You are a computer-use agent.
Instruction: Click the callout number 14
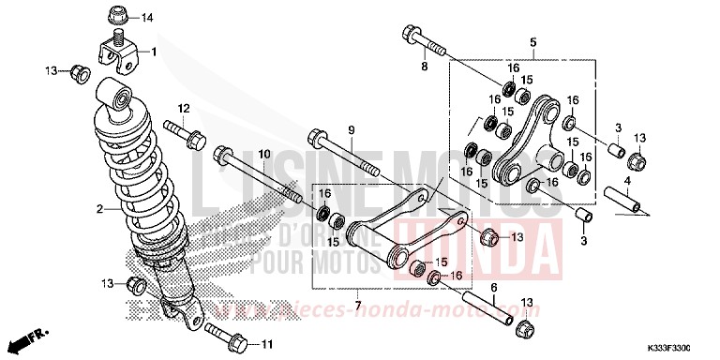[147, 19]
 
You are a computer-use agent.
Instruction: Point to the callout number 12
[185, 108]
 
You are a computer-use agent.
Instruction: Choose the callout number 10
[264, 154]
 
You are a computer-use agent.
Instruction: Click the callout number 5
[532, 42]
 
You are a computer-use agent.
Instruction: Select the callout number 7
[357, 306]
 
